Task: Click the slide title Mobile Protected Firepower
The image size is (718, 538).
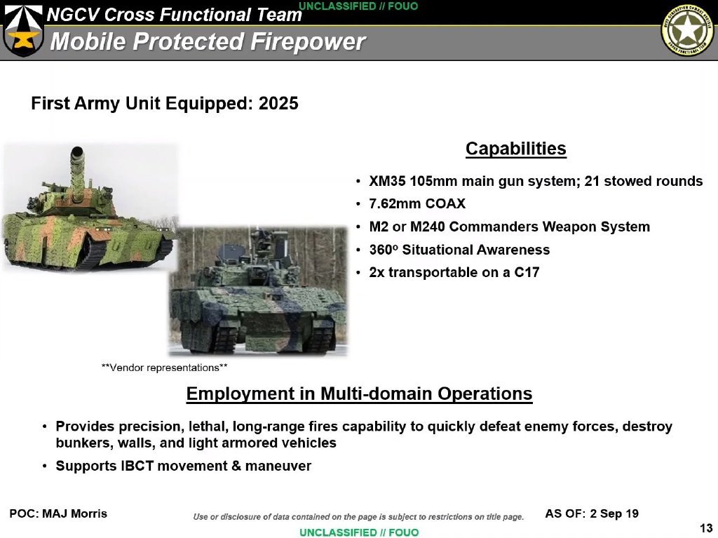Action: pyautogui.click(x=208, y=41)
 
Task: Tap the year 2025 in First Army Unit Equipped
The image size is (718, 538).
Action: pyautogui.click(x=278, y=104)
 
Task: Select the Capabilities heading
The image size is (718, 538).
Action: pyautogui.click(x=515, y=149)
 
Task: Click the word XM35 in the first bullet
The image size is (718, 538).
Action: pyautogui.click(x=388, y=182)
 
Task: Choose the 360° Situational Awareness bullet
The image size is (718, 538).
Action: pyautogui.click(x=459, y=250)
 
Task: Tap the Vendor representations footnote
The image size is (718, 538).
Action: pyautogui.click(x=164, y=368)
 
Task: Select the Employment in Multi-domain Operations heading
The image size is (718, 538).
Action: pyautogui.click(x=359, y=394)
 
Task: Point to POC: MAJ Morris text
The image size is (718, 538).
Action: pyautogui.click(x=58, y=513)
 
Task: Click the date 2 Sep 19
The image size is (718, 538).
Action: pyautogui.click(x=614, y=513)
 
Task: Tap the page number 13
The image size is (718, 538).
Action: pyautogui.click(x=706, y=528)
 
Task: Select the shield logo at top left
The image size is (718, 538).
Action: pyautogui.click(x=23, y=29)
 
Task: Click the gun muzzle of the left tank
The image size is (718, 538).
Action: pyautogui.click(x=77, y=152)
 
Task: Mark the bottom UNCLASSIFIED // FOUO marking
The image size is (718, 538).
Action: pyautogui.click(x=359, y=532)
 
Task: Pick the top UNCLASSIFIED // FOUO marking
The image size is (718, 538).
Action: pyautogui.click(x=359, y=6)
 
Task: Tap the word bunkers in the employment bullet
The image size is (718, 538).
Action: pyautogui.click(x=79, y=443)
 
